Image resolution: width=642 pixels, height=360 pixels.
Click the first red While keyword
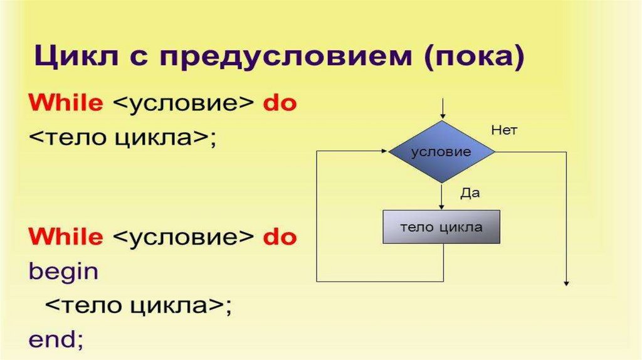(x=65, y=103)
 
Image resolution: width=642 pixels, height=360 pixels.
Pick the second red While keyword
(x=65, y=237)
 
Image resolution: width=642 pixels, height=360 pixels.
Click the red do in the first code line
(x=279, y=103)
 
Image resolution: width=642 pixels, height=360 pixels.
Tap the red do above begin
(x=279, y=237)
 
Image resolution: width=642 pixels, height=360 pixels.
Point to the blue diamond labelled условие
(x=442, y=152)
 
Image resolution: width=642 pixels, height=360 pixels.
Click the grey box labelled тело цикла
(x=442, y=226)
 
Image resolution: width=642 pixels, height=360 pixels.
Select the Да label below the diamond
(x=470, y=193)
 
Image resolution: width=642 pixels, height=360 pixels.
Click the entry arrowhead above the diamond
(x=443, y=115)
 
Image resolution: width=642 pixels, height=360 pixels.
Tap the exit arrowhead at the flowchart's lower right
(x=566, y=283)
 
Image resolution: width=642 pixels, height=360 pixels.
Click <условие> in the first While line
(x=182, y=103)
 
